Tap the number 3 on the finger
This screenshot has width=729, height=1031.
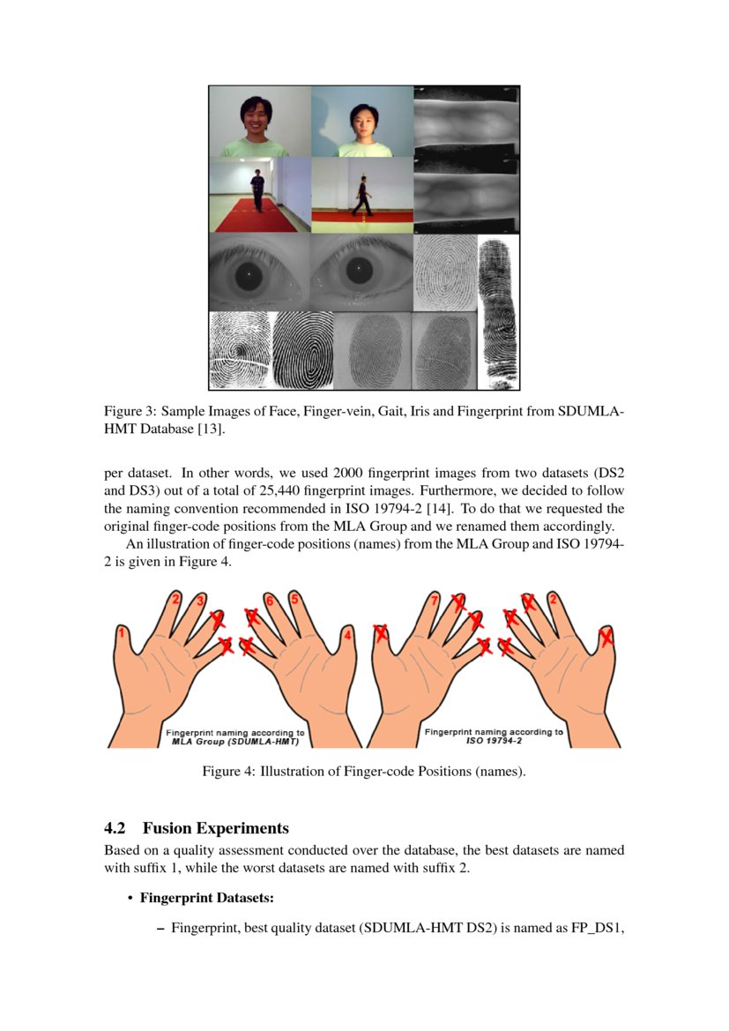201,601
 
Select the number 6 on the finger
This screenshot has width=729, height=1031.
271,600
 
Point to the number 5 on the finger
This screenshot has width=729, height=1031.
294,598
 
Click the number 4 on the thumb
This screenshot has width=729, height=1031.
348,634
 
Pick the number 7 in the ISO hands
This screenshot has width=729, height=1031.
434,601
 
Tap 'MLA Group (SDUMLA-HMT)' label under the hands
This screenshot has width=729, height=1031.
235,742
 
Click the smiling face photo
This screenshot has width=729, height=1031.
259,121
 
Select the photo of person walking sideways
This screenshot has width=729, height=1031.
361,195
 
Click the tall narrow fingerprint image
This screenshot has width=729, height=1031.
498,313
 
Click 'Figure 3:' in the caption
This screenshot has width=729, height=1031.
130,412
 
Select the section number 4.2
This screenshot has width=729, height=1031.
115,828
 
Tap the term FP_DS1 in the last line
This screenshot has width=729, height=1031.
595,928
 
